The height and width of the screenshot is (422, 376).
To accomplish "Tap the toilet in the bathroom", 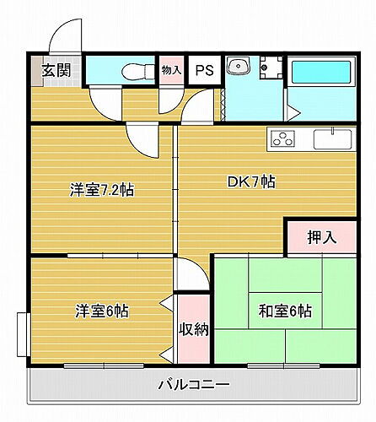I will pyautogui.click(x=132, y=70).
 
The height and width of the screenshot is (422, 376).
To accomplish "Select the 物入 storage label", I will pyautogui.click(x=172, y=70).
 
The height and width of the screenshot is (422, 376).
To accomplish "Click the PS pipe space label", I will pyautogui.click(x=205, y=70).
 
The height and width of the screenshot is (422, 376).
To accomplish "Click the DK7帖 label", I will pyautogui.click(x=250, y=181).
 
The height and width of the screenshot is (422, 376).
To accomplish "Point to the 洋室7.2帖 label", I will pyautogui.click(x=101, y=191).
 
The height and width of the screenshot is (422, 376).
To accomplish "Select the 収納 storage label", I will pyautogui.click(x=193, y=327).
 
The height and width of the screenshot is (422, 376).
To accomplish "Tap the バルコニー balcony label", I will pyautogui.click(x=194, y=385).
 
